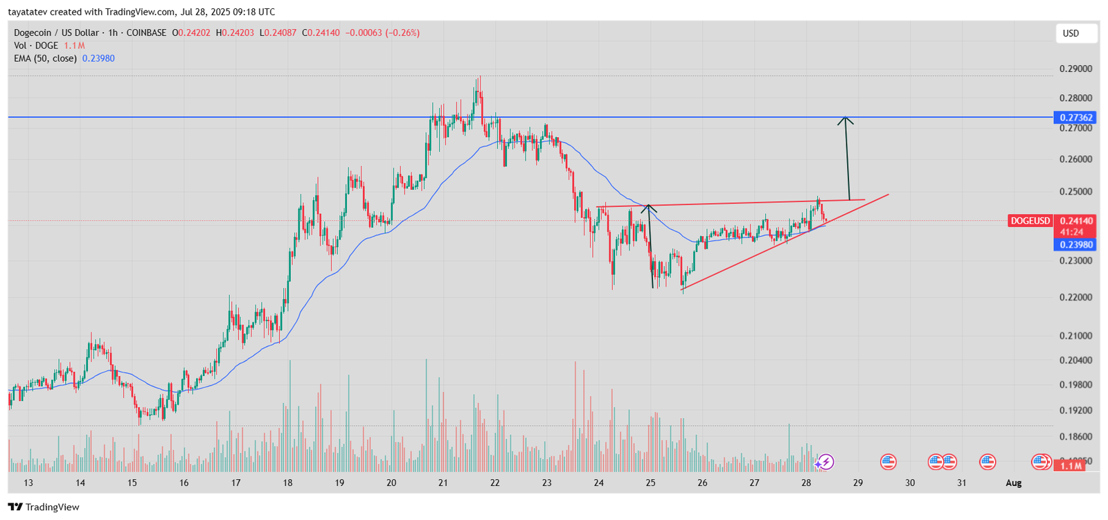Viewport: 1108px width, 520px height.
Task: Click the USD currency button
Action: (1075, 33)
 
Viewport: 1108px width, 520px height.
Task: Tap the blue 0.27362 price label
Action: (1075, 118)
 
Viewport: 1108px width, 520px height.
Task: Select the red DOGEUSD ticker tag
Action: (1030, 221)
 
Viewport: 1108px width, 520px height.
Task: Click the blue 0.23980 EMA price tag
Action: (1075, 244)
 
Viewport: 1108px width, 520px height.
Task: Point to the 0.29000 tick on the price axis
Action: (1075, 69)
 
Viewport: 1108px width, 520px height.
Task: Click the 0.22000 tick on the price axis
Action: (1075, 297)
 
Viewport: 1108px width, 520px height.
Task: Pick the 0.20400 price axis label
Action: (1075, 360)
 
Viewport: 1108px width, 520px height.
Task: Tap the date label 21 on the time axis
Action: (443, 483)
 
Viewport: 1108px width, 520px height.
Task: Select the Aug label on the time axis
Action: (1013, 483)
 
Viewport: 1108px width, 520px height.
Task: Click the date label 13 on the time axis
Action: (28, 483)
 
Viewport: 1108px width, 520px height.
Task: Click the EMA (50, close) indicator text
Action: (45, 59)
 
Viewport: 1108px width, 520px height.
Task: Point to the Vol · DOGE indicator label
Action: (36, 46)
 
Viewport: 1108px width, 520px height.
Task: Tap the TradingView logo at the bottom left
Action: (44, 507)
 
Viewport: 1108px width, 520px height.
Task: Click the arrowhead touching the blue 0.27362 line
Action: (845, 120)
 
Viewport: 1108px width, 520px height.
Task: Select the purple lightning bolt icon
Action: (825, 462)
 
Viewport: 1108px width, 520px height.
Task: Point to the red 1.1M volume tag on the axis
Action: (1071, 466)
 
